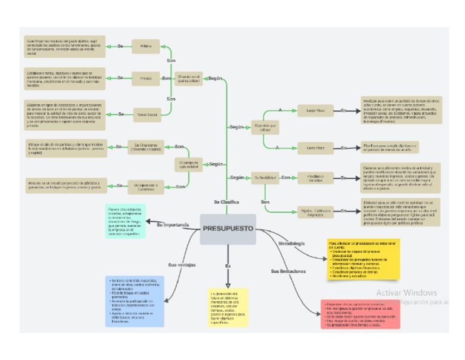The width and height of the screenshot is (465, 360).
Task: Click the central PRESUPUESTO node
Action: click(228, 229)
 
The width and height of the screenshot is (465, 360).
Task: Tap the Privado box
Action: click(145, 78)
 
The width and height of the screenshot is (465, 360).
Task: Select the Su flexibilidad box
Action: click(265, 178)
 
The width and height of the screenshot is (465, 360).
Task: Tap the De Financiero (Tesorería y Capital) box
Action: click(145, 147)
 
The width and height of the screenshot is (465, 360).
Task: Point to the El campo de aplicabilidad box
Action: click(188, 164)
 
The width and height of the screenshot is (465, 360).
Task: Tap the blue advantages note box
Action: click(134, 301)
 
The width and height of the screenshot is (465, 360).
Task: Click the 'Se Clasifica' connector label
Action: click(226, 201)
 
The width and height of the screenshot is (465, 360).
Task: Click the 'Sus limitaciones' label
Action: click(288, 271)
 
